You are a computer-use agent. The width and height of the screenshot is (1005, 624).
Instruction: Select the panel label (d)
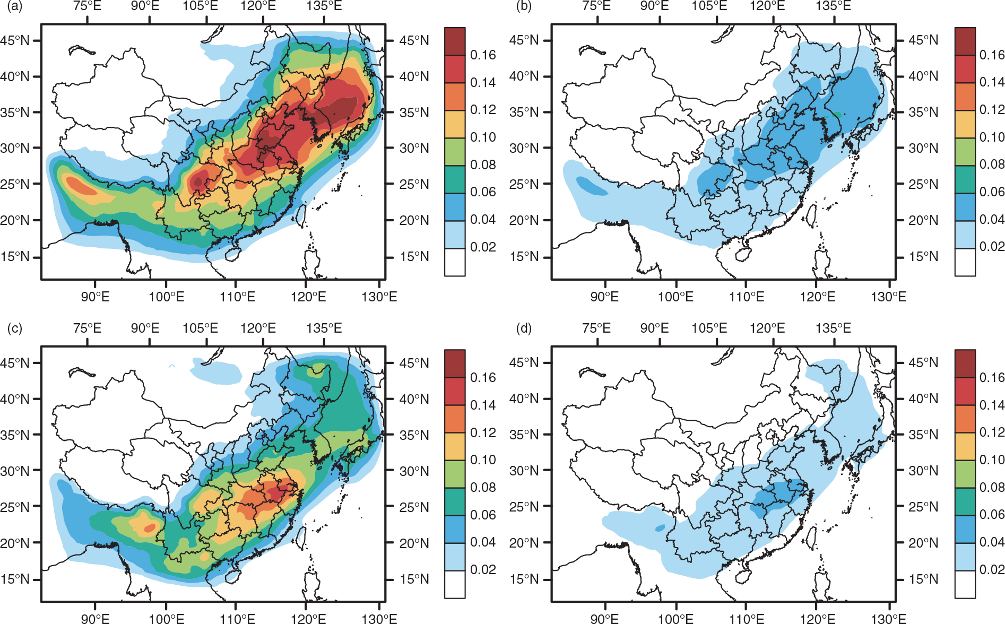coord(524,328)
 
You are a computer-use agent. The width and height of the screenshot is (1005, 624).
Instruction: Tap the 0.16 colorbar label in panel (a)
coord(483,55)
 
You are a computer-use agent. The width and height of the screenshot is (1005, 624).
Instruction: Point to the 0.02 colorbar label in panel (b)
coord(992,246)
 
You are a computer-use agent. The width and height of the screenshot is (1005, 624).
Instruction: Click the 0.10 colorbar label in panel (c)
coord(483,460)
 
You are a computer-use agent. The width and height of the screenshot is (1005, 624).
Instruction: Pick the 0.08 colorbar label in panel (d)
coord(992,487)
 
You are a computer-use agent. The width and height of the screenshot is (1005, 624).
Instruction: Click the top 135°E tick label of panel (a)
coord(324,6)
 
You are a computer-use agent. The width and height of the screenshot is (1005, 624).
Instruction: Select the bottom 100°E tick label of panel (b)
coord(675,297)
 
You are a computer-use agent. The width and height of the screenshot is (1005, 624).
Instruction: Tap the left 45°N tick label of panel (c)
coord(15,363)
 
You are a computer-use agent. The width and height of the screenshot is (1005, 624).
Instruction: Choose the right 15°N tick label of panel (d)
coord(923,579)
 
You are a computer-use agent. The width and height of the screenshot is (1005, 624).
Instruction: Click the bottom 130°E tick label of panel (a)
coord(379,297)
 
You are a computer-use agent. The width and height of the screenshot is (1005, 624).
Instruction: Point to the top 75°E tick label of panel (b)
coord(596,6)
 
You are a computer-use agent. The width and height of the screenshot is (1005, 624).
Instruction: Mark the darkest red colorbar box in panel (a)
coord(455,41)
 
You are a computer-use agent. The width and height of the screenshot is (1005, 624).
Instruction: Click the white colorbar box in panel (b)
coord(965,262)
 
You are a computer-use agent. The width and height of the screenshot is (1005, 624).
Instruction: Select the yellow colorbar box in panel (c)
coord(455,446)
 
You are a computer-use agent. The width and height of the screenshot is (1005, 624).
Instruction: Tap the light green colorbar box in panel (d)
coord(965,474)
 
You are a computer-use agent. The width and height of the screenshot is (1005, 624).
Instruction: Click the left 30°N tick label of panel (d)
coord(524,471)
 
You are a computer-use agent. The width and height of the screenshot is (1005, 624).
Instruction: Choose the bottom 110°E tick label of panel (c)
coord(237,619)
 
